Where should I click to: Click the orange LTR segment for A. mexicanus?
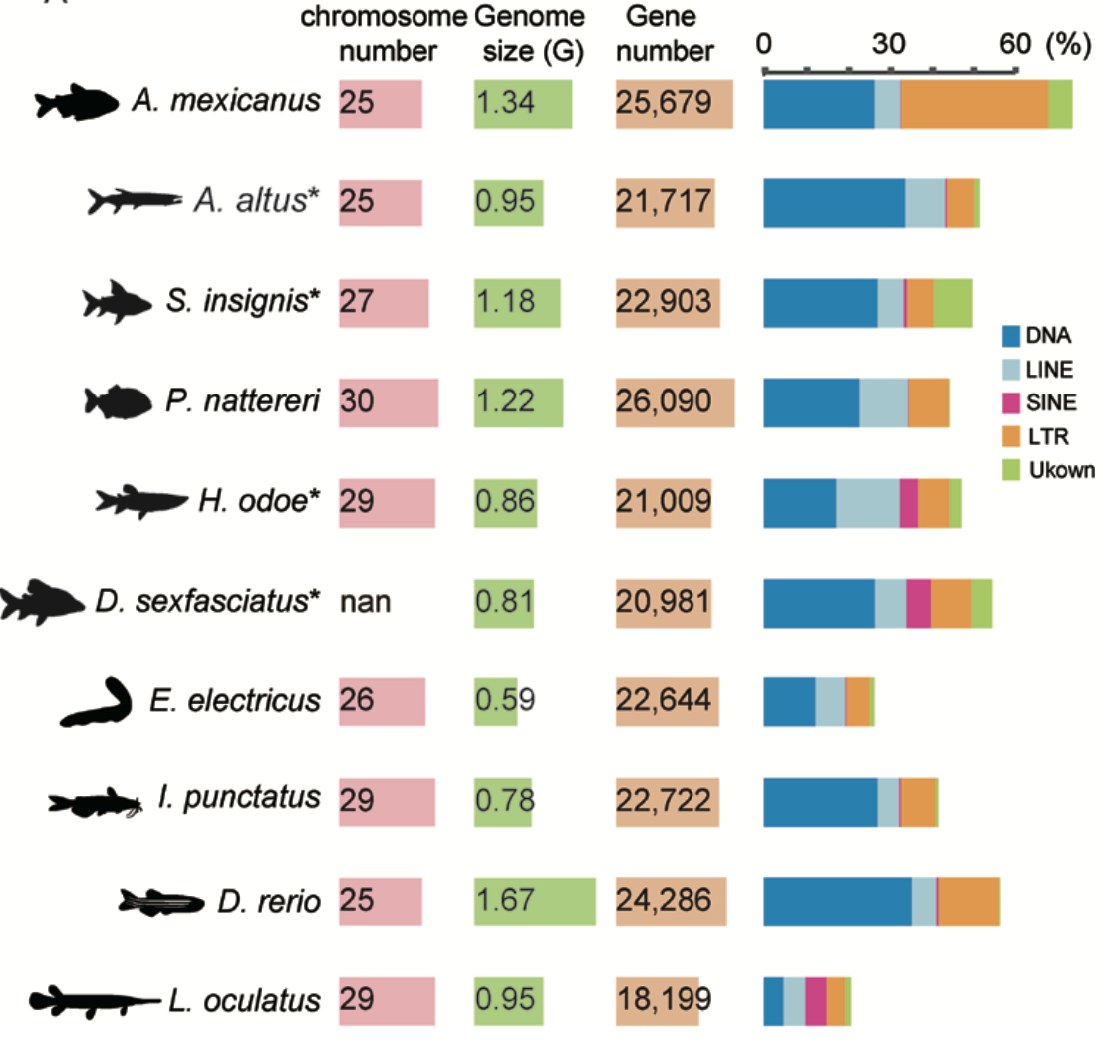973,104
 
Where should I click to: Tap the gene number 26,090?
665,402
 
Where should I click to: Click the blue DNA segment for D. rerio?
837,903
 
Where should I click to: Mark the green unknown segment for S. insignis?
953,303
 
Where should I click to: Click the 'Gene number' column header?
664,32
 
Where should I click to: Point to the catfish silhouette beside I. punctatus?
98,802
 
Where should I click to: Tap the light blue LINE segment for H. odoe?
867,502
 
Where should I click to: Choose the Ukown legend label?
1068,471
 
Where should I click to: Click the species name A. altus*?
258,202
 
